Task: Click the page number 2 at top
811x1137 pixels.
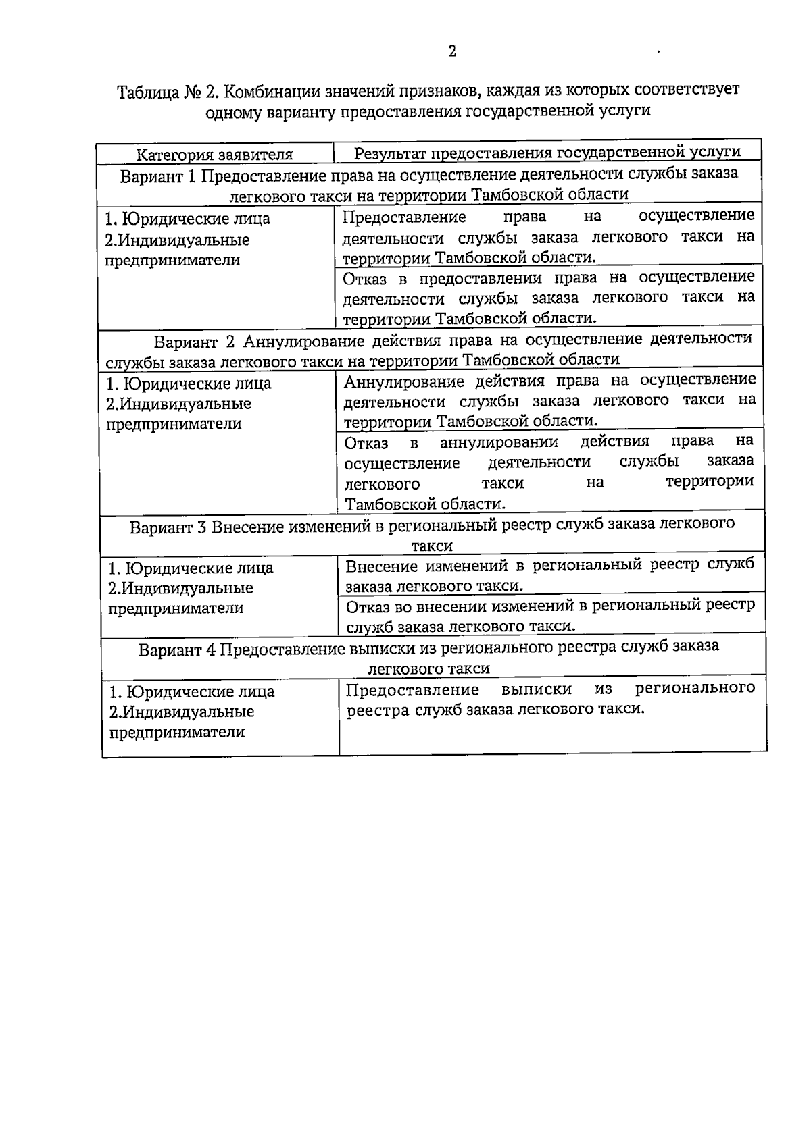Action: [452, 51]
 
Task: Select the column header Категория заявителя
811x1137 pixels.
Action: [215, 155]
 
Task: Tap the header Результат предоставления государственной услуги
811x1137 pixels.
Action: [547, 153]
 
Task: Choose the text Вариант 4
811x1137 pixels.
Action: [177, 650]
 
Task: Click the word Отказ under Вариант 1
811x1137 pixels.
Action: [365, 278]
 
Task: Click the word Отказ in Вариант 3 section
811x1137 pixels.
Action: [366, 606]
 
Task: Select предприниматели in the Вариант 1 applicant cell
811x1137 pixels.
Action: [172, 261]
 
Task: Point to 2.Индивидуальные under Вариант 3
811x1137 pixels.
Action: [180, 588]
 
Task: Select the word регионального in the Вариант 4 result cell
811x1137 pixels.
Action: [695, 689]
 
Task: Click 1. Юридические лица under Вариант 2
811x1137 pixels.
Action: [189, 384]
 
